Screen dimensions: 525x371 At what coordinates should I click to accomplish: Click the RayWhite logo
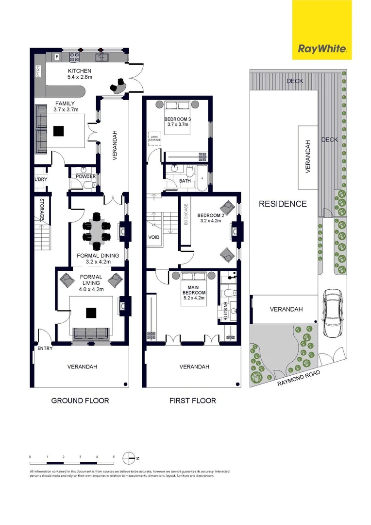click(x=321, y=49)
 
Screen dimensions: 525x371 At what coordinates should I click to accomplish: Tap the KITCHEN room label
click(x=79, y=71)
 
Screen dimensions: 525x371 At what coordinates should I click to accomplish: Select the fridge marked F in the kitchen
click(x=57, y=57)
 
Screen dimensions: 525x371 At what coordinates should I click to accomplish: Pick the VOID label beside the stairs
click(x=154, y=238)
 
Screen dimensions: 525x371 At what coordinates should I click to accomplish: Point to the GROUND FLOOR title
click(x=80, y=401)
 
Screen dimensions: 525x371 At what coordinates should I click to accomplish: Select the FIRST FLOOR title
click(x=192, y=401)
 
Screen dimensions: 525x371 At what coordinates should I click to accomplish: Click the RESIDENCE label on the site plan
click(x=282, y=204)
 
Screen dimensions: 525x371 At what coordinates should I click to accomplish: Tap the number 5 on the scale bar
click(x=114, y=457)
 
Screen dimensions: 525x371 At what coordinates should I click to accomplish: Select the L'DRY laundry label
click(x=40, y=180)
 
